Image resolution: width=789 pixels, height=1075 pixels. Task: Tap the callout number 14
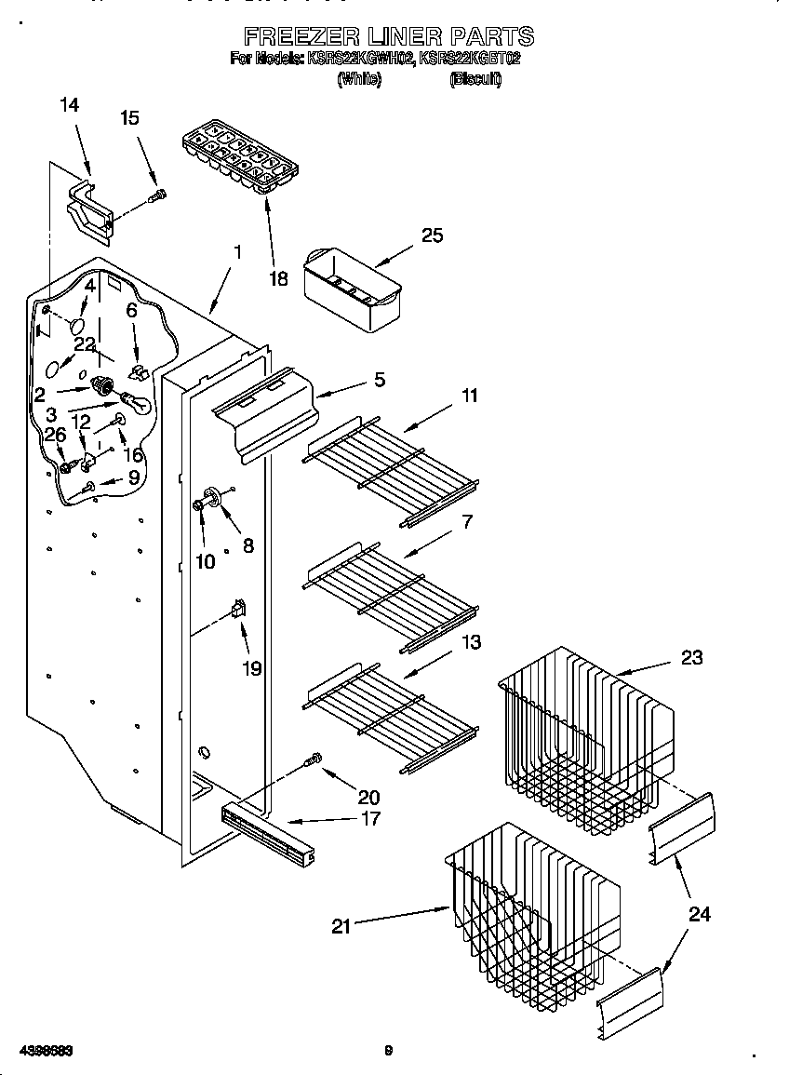pyautogui.click(x=69, y=106)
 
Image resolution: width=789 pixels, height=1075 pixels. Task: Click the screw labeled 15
pyautogui.click(x=159, y=195)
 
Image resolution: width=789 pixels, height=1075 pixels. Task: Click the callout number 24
pyautogui.click(x=699, y=914)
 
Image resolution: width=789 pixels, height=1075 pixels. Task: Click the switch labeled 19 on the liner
pyautogui.click(x=237, y=610)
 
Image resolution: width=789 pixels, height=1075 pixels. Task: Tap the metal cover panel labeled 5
pyautogui.click(x=265, y=414)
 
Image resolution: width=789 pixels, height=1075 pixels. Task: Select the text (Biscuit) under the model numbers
pyautogui.click(x=475, y=80)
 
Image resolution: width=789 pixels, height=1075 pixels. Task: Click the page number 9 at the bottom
pyautogui.click(x=389, y=1051)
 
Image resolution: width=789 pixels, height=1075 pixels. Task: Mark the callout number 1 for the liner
pyautogui.click(x=237, y=251)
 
